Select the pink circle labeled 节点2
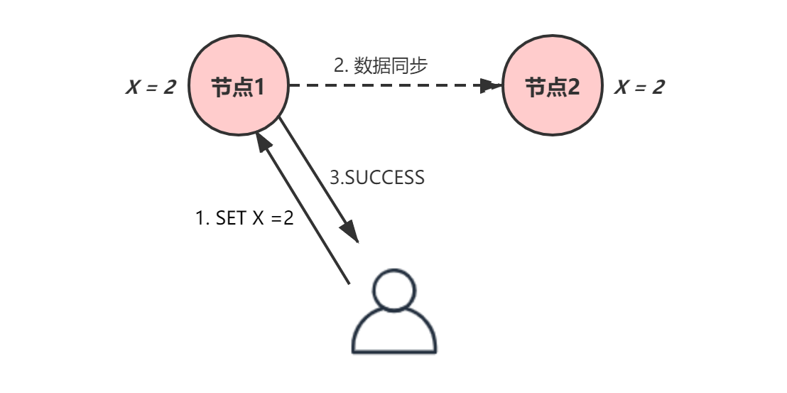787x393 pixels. point(552,110)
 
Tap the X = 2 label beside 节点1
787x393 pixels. point(151,87)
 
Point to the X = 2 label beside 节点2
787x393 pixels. point(639,87)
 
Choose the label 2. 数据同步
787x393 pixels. point(381,65)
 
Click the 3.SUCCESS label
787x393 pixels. point(377,177)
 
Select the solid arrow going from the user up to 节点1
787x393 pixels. point(305,213)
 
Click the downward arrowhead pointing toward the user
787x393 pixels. point(349,232)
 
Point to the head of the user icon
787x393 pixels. point(395,291)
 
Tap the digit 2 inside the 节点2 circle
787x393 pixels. point(572,87)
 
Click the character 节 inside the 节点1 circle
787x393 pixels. point(222,87)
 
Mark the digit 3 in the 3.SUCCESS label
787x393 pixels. point(335,177)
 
